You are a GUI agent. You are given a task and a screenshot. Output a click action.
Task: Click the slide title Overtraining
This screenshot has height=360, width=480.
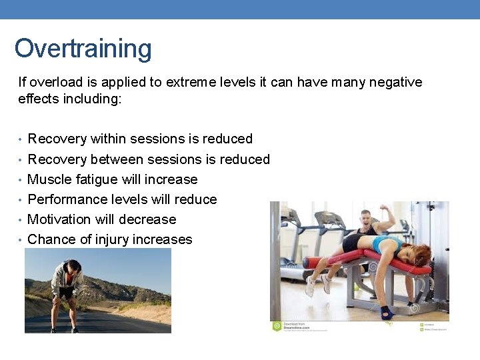83,49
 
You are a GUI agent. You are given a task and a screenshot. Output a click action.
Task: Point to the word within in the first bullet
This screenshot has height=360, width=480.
108,139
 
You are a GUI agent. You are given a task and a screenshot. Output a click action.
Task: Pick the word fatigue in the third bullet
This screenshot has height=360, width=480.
93,179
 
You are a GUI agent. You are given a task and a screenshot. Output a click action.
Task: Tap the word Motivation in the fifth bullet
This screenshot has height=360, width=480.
60,219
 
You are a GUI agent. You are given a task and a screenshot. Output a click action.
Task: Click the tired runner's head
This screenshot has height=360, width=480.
74,267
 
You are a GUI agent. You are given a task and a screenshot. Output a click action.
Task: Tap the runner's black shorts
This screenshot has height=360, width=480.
66,291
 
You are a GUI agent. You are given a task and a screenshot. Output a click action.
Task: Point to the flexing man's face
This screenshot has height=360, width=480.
365,217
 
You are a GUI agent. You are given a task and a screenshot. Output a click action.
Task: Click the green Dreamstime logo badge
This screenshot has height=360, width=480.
276,326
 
